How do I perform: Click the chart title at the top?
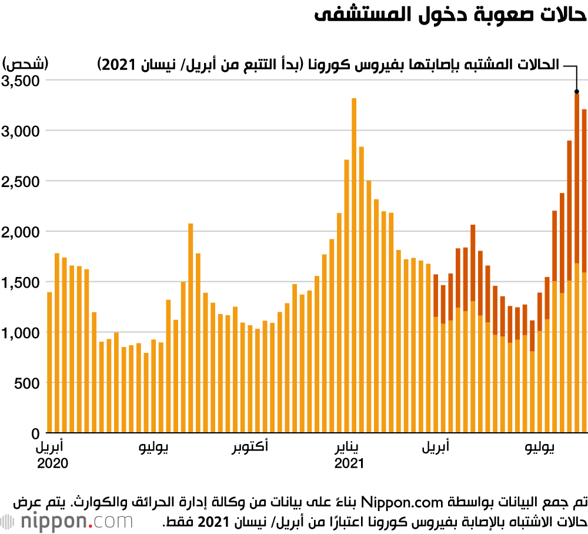[450, 16]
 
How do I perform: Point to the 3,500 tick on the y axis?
[21, 80]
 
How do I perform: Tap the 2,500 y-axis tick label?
[21, 181]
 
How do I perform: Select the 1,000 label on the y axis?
[21, 332]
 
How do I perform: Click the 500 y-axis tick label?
[28, 383]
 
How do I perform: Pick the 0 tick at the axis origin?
[35, 433]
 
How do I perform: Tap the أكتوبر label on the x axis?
[250, 448]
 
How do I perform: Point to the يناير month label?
[349, 448]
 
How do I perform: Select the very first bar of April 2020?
[49, 362]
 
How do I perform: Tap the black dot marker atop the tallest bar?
[577, 92]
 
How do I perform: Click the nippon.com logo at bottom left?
[67, 520]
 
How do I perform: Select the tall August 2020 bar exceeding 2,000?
[191, 328]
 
